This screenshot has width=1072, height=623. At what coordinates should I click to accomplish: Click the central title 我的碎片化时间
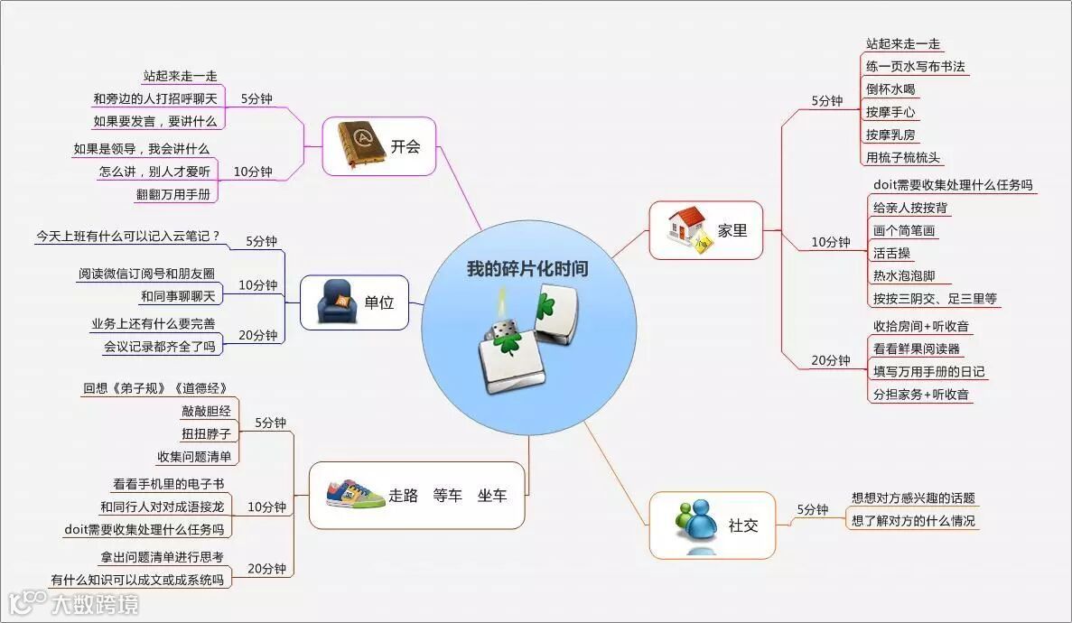527,269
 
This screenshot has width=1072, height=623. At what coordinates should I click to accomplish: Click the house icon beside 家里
688,230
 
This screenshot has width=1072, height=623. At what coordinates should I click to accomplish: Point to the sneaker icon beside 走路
349,494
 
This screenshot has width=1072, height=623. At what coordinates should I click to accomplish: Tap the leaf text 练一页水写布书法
916,67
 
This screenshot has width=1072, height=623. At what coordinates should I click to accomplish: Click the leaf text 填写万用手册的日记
928,371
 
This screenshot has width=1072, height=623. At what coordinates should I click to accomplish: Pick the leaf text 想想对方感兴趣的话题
913,497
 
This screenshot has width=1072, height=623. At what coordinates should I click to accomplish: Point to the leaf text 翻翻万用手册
175,193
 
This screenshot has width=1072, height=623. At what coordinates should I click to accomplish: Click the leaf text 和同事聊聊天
179,296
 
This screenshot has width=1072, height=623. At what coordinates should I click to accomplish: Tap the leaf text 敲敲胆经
206,411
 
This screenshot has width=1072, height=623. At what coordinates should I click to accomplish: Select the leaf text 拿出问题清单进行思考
162,557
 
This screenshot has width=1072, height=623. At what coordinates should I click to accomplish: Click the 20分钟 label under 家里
830,360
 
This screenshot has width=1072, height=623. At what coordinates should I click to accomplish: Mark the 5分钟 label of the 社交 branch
812,509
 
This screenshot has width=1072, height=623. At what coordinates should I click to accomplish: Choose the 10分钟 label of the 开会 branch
253,172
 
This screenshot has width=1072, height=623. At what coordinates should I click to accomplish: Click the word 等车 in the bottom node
447,495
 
